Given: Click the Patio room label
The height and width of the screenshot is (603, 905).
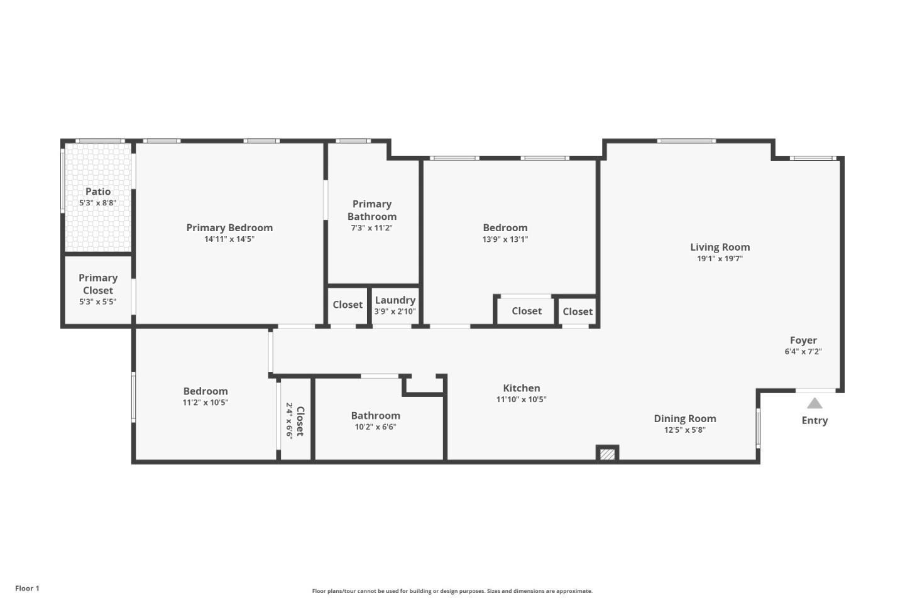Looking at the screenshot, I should pyautogui.click(x=98, y=192).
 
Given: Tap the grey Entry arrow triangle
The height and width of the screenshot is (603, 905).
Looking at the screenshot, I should pyautogui.click(x=814, y=403).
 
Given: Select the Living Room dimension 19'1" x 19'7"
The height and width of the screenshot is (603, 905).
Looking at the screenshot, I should pyautogui.click(x=720, y=258).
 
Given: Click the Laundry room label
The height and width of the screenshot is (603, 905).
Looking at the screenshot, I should pyautogui.click(x=395, y=300).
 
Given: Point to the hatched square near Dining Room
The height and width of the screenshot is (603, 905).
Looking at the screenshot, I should pyautogui.click(x=607, y=454).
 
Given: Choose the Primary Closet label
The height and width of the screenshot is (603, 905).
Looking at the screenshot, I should pyautogui.click(x=98, y=284).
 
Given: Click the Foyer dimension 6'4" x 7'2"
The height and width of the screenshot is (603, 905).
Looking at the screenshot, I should pyautogui.click(x=803, y=352).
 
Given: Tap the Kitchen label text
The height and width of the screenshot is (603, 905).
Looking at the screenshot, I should pyautogui.click(x=521, y=388).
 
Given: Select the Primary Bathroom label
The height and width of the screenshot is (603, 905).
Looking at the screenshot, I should pyautogui.click(x=372, y=210).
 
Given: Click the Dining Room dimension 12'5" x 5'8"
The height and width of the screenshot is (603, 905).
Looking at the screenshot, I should pyautogui.click(x=684, y=430).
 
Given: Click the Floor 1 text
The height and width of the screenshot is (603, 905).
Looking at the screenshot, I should pyautogui.click(x=27, y=589).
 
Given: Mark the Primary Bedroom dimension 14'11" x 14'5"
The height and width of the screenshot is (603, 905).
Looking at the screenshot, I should pyautogui.click(x=229, y=239).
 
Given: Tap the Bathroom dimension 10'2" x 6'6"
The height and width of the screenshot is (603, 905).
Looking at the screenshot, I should pyautogui.click(x=375, y=427).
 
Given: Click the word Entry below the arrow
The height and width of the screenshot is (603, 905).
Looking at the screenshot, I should pyautogui.click(x=814, y=420).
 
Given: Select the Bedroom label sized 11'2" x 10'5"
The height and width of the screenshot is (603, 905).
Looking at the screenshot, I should pyautogui.click(x=206, y=391).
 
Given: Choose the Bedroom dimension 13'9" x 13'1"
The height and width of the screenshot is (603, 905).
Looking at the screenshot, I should pyautogui.click(x=505, y=239).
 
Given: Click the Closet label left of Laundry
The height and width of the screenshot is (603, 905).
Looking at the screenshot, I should pyautogui.click(x=348, y=305).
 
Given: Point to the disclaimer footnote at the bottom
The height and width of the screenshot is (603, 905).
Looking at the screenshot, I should pyautogui.click(x=452, y=591).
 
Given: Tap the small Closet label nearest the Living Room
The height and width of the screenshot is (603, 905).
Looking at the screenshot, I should pyautogui.click(x=577, y=312).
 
